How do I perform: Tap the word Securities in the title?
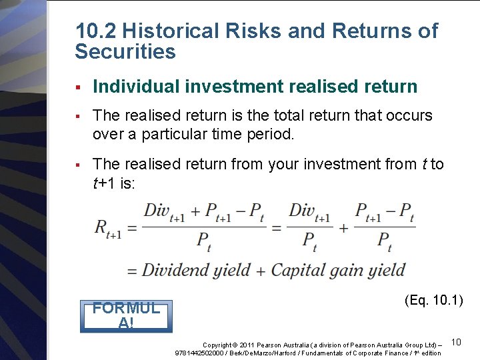point(125,52)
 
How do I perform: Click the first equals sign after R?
point(132,227)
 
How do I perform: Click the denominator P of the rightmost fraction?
point(385,241)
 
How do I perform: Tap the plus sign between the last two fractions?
point(343,227)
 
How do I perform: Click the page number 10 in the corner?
point(457,342)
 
